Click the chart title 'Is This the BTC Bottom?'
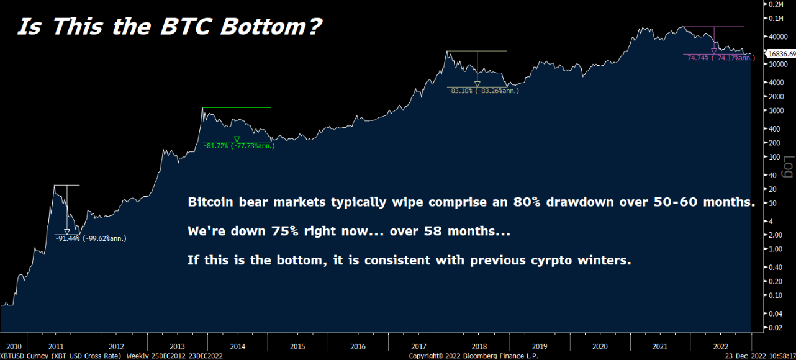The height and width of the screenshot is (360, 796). pos(169,27)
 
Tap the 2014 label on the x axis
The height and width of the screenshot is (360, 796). pos(237,346)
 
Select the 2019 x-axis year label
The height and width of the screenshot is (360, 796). pos(540,346)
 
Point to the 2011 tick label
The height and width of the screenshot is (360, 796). pos(56,346)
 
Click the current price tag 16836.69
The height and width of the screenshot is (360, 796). pos(782,54)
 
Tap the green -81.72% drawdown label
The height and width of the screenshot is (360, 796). pos(238,146)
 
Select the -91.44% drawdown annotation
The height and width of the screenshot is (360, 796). pos(91,238)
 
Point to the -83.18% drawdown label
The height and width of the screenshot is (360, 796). pos(483,91)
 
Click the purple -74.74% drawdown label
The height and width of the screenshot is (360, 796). pos(719,58)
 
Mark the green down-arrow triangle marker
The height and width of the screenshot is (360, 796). pos(237,139)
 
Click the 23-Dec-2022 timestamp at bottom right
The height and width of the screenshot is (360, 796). pos(758,356)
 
